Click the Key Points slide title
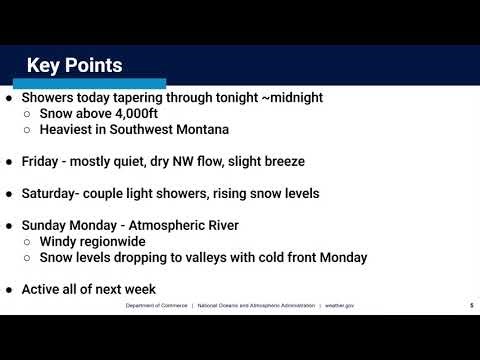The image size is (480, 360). click(74, 66)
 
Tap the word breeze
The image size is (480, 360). click(306, 160)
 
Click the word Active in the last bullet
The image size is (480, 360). click(44, 288)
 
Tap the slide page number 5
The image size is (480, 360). click(471, 306)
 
